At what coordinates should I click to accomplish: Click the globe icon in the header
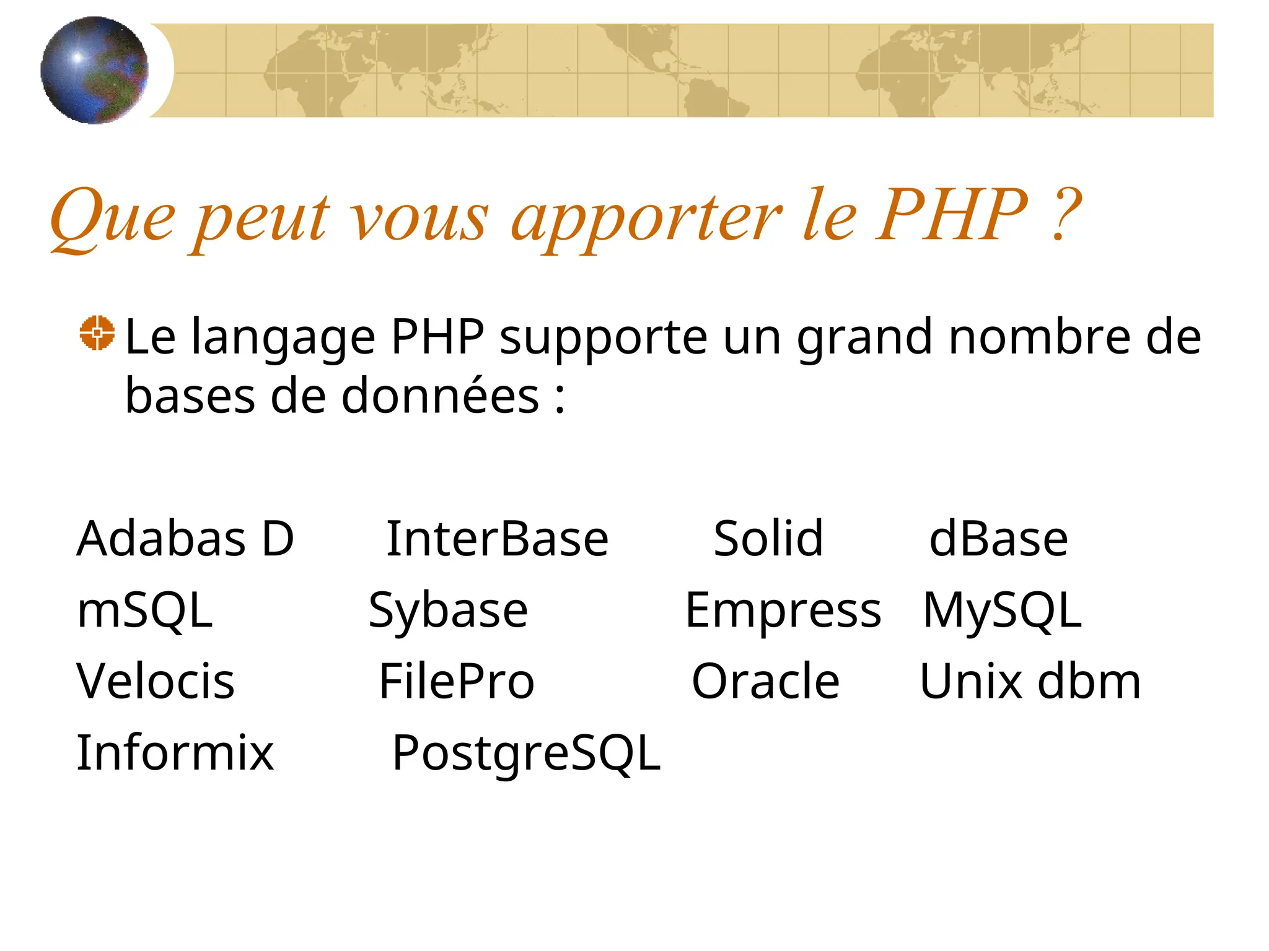[x=94, y=70]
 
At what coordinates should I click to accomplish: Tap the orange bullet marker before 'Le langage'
[x=97, y=333]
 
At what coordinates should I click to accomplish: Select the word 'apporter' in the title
[x=646, y=220]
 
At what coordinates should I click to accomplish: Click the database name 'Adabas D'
[x=185, y=539]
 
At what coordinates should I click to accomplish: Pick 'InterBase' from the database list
[x=497, y=539]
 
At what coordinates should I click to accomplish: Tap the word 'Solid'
[x=768, y=539]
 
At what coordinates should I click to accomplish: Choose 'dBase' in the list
[x=998, y=539]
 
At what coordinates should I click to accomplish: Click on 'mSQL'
[x=144, y=610]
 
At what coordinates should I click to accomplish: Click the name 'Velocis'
[x=156, y=681]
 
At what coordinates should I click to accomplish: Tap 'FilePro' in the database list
[x=457, y=681]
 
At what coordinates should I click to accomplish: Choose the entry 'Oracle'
[x=765, y=681]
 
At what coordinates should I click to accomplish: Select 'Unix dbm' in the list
[x=1030, y=681]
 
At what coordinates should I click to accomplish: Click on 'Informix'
[x=175, y=752]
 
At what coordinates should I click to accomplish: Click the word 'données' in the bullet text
[x=440, y=396]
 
